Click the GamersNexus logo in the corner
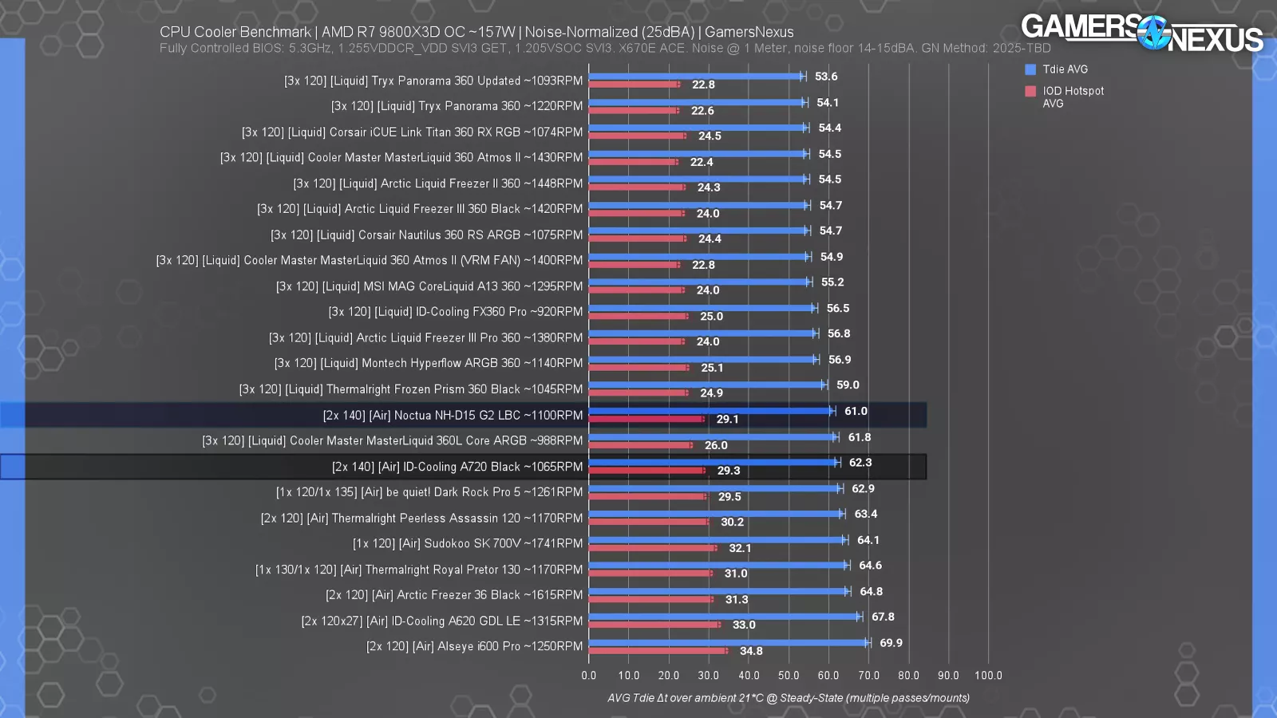1141,34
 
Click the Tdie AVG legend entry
1065,69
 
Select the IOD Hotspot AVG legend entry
1073,97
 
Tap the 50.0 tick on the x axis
789,676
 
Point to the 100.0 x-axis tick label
988,676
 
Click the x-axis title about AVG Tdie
789,698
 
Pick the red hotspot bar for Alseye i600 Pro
658,651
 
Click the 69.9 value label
891,643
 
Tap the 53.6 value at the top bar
826,77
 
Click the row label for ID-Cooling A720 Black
457,467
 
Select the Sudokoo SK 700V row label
468,544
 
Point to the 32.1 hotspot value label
740,548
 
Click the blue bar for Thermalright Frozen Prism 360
706,385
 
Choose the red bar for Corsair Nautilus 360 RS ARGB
637,239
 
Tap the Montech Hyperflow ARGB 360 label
429,363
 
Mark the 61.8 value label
860,437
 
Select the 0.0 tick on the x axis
589,676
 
